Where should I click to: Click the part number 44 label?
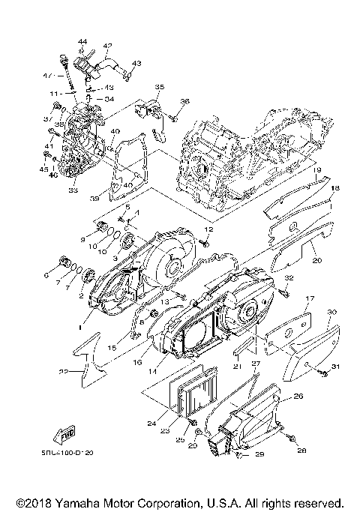(82, 40)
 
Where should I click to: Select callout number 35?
(159, 88)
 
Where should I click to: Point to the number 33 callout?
(73, 191)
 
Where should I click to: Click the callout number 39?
(115, 199)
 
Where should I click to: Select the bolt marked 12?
(203, 242)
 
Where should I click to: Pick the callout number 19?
(318, 171)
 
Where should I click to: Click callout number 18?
(336, 187)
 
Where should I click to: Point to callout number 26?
(297, 396)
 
